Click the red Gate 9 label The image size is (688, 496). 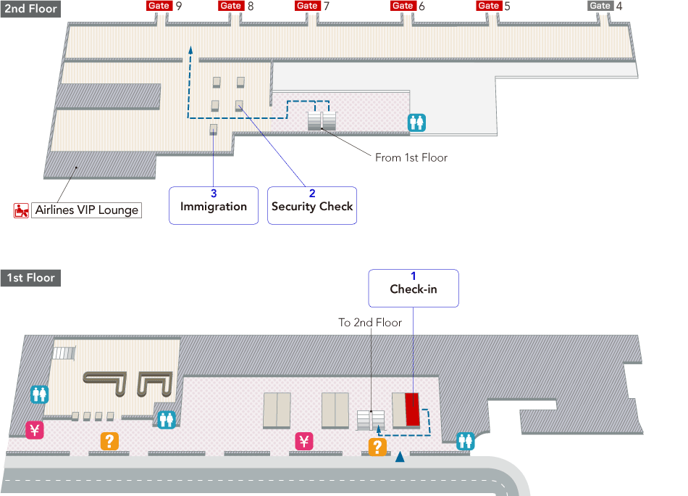click(x=159, y=6)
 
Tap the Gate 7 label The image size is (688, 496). click(x=308, y=6)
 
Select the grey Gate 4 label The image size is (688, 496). click(x=600, y=6)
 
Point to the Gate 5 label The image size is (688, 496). click(x=489, y=6)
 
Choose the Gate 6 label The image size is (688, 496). click(x=403, y=6)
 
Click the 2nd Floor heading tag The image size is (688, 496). click(x=30, y=9)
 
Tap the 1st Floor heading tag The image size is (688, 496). click(x=30, y=278)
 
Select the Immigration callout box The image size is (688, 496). click(x=214, y=205)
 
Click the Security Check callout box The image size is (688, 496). click(x=312, y=205)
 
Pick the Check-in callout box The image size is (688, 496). click(x=414, y=288)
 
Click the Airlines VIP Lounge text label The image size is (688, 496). click(x=86, y=210)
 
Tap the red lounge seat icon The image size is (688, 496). click(x=22, y=211)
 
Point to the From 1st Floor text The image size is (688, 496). click(x=411, y=157)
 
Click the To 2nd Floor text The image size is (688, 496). click(x=370, y=323)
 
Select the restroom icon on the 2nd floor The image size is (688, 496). click(x=416, y=123)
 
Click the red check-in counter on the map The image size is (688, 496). click(x=412, y=409)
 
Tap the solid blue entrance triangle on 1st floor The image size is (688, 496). click(x=400, y=457)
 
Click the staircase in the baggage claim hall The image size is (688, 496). click(x=64, y=353)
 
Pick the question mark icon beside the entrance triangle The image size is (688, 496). click(x=377, y=447)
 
